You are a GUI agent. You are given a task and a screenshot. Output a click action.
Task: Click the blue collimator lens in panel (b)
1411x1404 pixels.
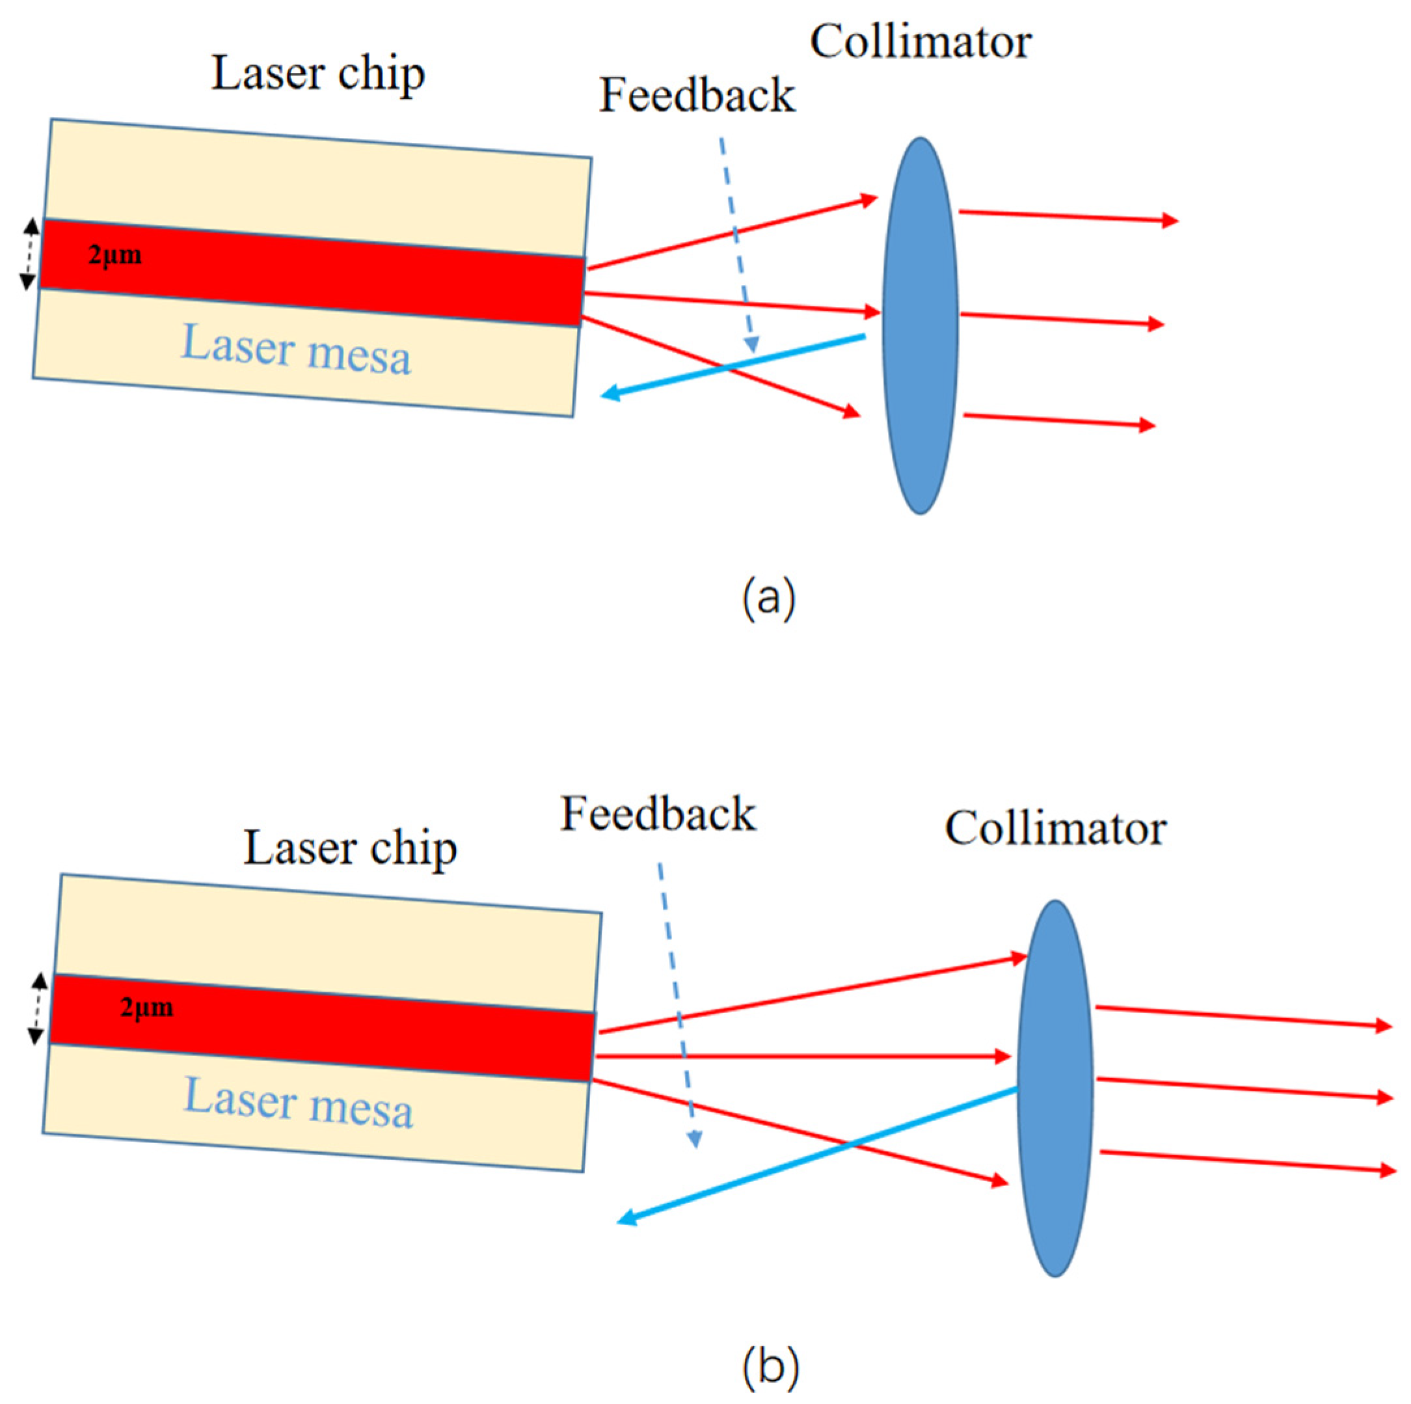click(1055, 1088)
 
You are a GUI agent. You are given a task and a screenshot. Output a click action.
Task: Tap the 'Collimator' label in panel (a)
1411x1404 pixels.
click(921, 42)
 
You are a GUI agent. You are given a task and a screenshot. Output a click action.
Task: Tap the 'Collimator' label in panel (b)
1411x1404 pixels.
click(1055, 829)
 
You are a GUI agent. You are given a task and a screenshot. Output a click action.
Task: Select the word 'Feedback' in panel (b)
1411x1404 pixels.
click(657, 814)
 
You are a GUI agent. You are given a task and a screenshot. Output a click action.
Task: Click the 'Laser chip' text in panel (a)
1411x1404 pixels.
click(317, 75)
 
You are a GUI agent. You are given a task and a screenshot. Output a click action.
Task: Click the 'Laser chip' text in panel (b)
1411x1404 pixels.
click(350, 848)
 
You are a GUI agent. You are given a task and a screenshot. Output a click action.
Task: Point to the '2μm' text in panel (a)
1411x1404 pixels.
click(114, 255)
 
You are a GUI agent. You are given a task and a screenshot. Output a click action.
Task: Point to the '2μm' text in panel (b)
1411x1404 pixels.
click(147, 1008)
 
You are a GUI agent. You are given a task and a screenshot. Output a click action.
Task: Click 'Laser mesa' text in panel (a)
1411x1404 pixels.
click(296, 350)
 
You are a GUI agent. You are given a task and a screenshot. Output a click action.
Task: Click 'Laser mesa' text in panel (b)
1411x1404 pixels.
click(298, 1104)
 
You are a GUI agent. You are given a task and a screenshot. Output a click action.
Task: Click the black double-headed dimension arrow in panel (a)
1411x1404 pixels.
click(29, 254)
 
